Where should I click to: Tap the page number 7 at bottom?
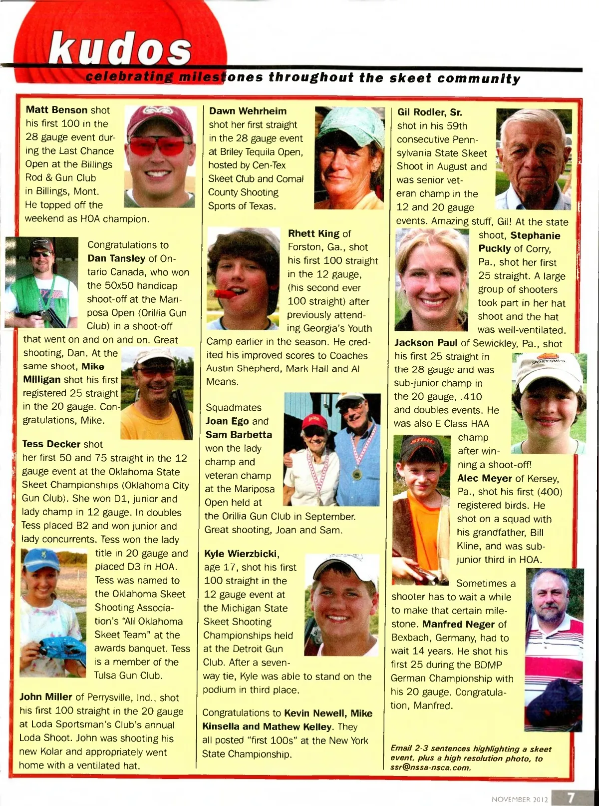coord(571,798)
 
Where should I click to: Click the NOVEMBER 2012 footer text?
coord(519,799)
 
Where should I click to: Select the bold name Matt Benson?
coord(56,110)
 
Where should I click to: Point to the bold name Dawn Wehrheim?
coord(248,111)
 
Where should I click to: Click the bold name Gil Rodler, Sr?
coord(429,112)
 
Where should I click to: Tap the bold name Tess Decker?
coord(51,444)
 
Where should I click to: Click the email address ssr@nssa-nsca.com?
coord(430,768)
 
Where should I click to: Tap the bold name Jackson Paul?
coord(425,343)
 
